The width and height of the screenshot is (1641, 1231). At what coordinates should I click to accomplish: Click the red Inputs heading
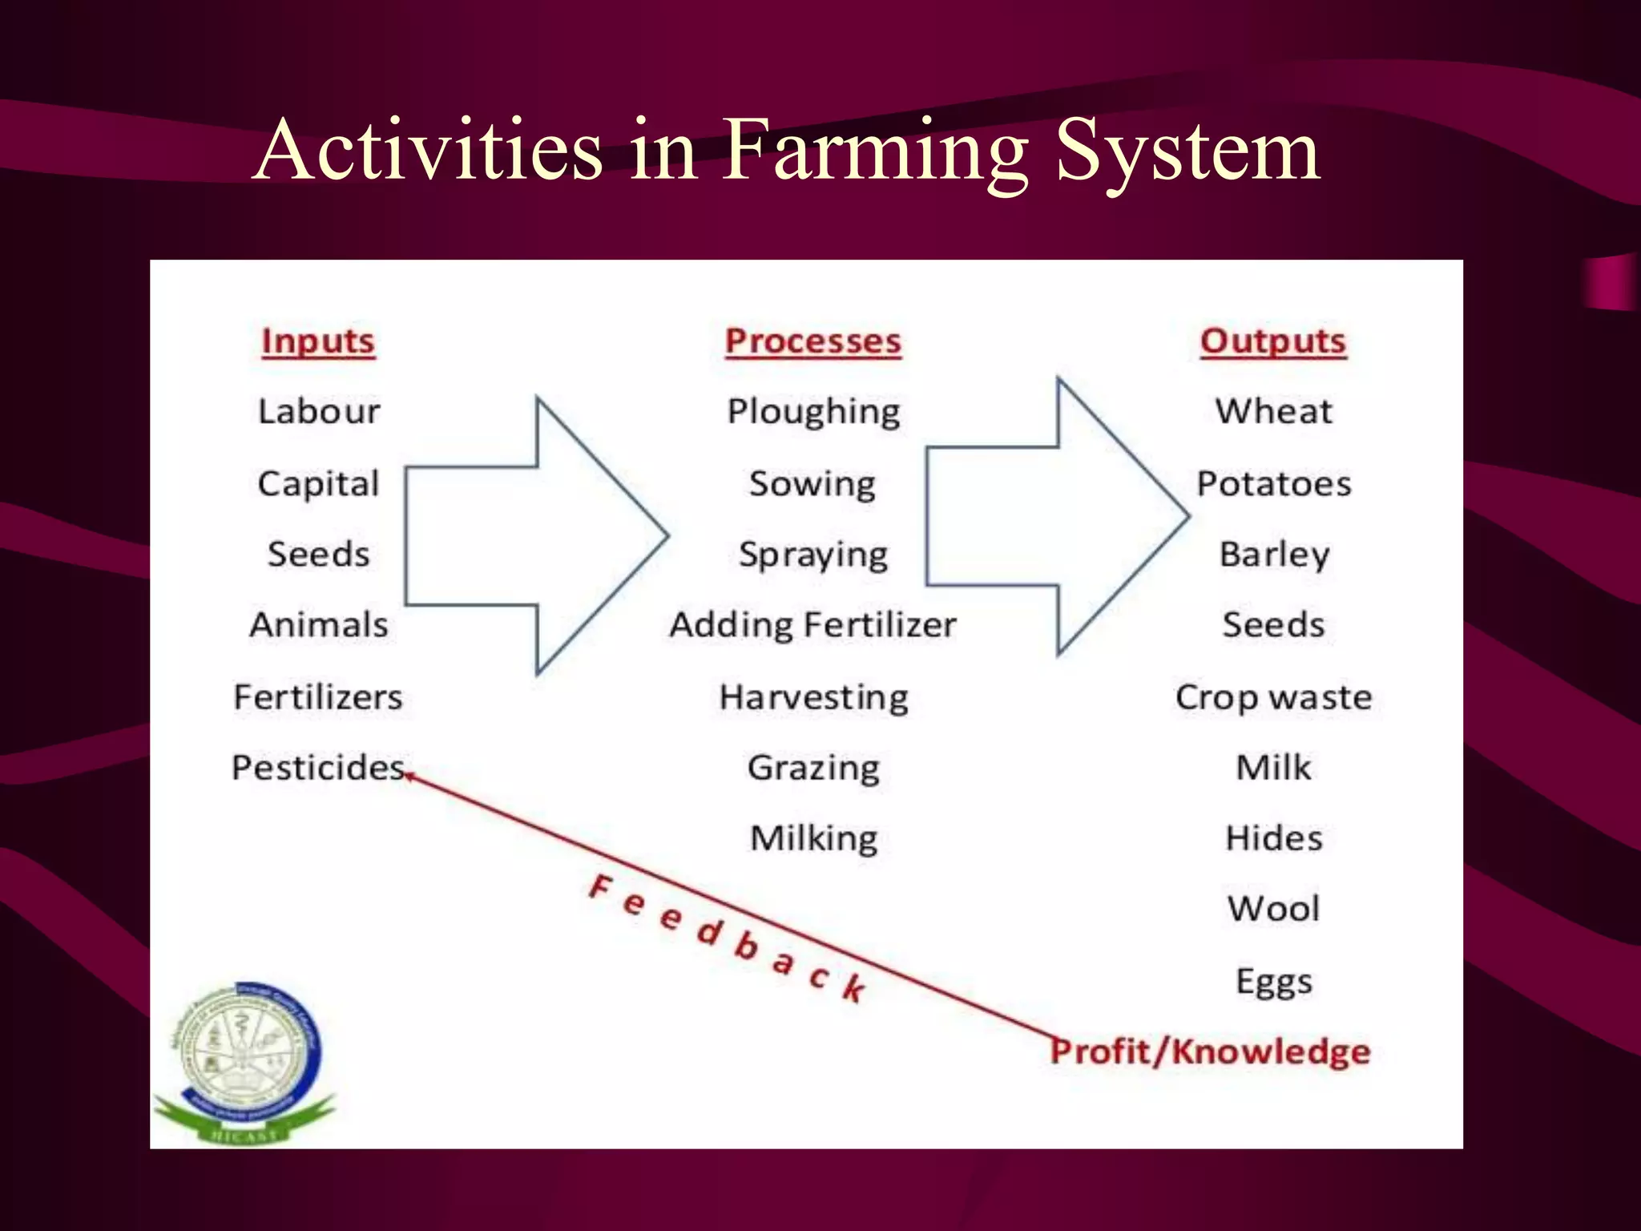[318, 341]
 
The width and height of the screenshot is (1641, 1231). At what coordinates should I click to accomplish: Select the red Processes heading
[812, 341]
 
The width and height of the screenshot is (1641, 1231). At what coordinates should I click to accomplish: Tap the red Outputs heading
[1272, 341]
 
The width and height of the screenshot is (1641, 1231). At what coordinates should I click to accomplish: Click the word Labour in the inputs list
[319, 412]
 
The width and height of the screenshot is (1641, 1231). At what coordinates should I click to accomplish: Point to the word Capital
[318, 484]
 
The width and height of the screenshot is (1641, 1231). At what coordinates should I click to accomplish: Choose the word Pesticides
[318, 768]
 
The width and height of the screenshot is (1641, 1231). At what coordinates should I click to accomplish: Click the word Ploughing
[813, 412]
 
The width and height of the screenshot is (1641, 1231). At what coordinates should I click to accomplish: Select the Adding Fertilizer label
[812, 625]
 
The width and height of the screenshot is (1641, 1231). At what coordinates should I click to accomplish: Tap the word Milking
[813, 838]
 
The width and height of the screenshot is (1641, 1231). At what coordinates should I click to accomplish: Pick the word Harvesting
[813, 697]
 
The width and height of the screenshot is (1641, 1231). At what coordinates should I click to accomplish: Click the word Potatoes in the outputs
[1273, 484]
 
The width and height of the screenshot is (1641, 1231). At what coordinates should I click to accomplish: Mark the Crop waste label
[1273, 697]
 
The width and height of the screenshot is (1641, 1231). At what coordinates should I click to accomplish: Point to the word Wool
[1273, 909]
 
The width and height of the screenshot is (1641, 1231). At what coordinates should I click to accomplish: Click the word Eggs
[1273, 981]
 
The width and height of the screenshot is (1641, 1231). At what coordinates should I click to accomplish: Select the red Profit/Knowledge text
[1210, 1051]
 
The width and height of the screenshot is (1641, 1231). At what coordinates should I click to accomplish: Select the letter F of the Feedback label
[599, 887]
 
